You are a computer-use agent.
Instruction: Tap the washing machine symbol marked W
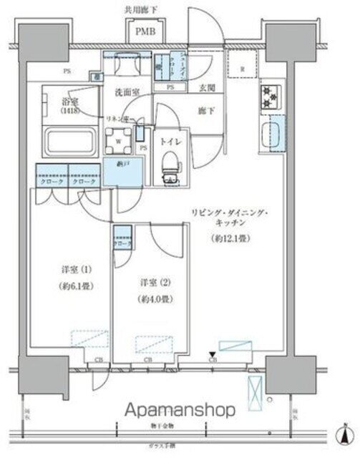(x=118, y=140)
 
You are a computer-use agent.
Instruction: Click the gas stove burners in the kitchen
(x=271, y=97)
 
